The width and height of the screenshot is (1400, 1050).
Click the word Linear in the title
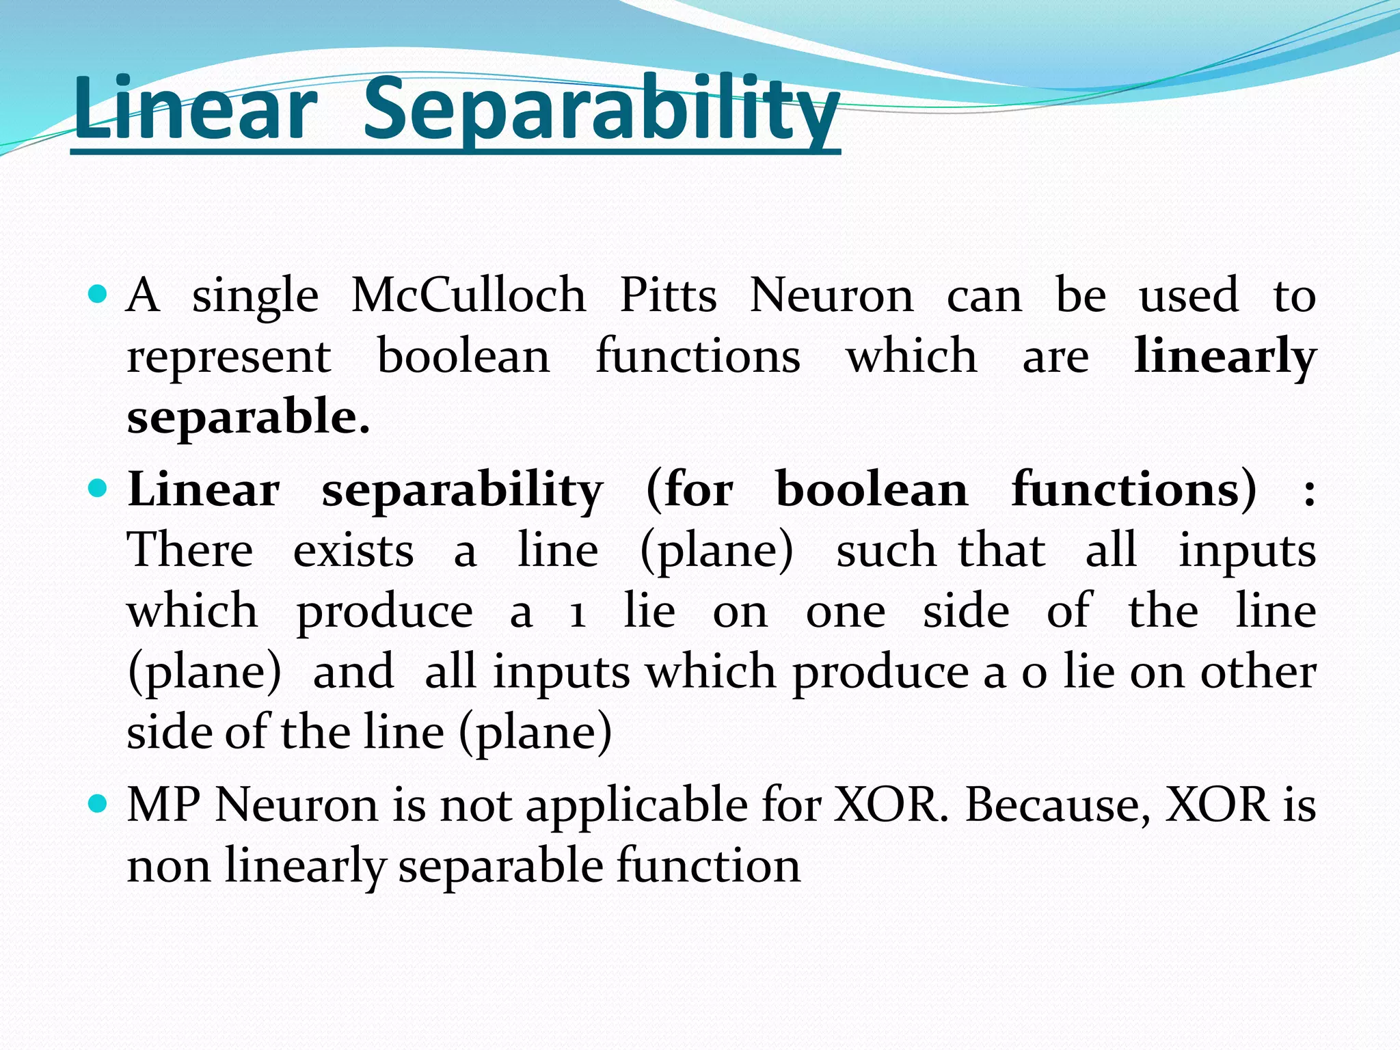pyautogui.click(x=196, y=109)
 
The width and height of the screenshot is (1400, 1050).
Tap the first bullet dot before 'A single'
pyautogui.click(x=98, y=295)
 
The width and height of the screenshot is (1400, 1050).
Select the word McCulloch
pyautogui.click(x=468, y=295)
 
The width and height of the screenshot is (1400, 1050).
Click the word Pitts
pyautogui.click(x=668, y=295)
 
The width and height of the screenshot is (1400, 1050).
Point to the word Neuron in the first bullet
pyautogui.click(x=831, y=295)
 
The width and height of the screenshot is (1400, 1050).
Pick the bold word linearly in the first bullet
pyautogui.click(x=1224, y=357)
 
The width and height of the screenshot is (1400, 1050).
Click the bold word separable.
pyautogui.click(x=248, y=417)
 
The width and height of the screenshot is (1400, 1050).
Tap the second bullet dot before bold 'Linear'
pyautogui.click(x=98, y=488)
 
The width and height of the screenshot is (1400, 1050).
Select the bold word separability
pyautogui.click(x=462, y=491)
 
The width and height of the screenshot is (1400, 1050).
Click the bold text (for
pyautogui.click(x=689, y=489)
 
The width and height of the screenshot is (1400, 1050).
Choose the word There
pyautogui.click(x=190, y=550)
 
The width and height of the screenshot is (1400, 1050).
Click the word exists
pyautogui.click(x=353, y=550)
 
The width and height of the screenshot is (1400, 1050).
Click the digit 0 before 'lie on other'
pyautogui.click(x=1034, y=673)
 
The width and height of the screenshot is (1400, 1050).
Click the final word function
pyautogui.click(x=708, y=865)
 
